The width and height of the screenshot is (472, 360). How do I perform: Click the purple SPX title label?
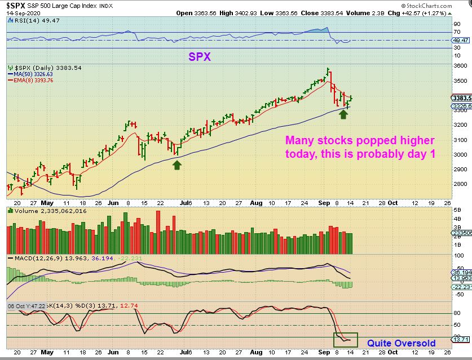pos(200,56)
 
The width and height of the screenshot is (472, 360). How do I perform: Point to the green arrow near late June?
pos(177,165)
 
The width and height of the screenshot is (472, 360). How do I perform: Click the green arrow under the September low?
pos(343,114)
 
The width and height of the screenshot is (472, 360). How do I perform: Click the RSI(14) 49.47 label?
pos(28,20)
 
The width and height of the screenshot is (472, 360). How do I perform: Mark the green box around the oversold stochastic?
pos(345,339)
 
